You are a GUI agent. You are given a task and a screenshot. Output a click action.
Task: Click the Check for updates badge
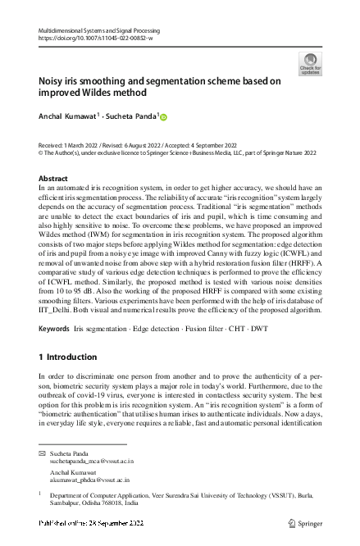pos(310,65)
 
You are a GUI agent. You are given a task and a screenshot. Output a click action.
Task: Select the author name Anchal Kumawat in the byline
pos(68,117)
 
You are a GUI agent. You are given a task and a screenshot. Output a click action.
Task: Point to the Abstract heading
pos(54,178)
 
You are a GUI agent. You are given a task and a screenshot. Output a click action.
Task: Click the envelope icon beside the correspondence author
pos(43,453)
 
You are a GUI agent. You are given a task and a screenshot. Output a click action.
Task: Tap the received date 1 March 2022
pos(93,143)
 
